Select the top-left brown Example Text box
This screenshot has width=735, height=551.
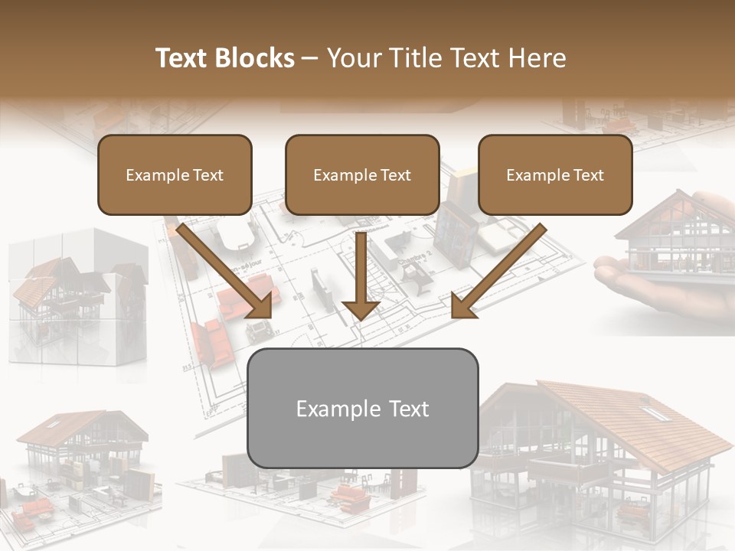tap(175, 175)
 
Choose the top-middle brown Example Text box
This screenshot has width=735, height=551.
tap(362, 175)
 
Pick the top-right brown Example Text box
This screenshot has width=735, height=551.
tap(555, 175)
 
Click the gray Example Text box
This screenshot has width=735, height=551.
tap(362, 408)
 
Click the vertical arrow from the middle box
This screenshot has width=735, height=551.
tap(361, 275)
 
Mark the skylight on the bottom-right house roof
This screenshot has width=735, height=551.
tap(653, 413)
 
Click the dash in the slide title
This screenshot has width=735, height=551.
tap(310, 58)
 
